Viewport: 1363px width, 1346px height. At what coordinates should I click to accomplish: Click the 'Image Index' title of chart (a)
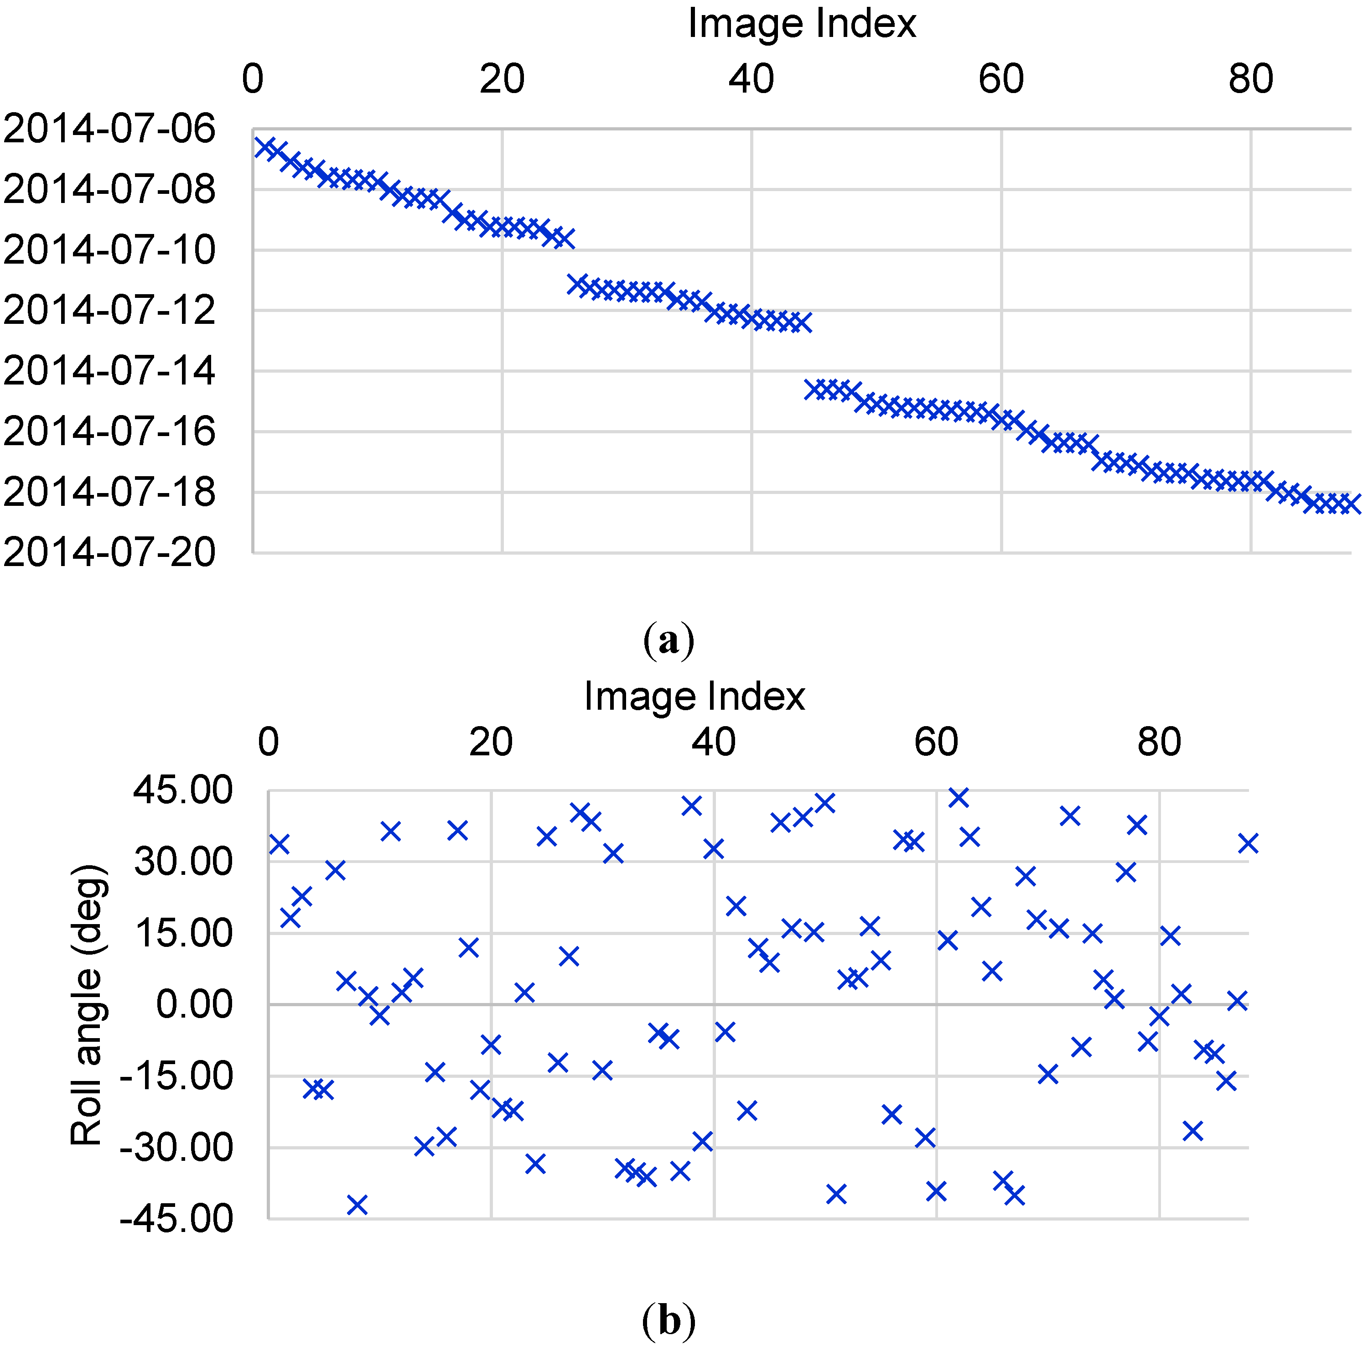click(x=802, y=23)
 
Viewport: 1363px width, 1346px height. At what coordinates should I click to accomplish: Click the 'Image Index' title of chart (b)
click(x=694, y=696)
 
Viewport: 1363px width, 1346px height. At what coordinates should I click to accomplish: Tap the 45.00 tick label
click(x=183, y=790)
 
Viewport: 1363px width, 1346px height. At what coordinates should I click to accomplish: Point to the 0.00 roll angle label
click(x=194, y=1004)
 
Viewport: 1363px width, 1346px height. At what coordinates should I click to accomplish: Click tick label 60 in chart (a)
click(x=1000, y=79)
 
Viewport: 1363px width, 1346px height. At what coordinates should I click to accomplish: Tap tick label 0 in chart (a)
click(x=253, y=79)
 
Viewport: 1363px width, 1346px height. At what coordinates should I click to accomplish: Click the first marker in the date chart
click(x=264, y=147)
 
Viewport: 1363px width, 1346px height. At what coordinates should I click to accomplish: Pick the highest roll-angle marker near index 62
click(x=958, y=798)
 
